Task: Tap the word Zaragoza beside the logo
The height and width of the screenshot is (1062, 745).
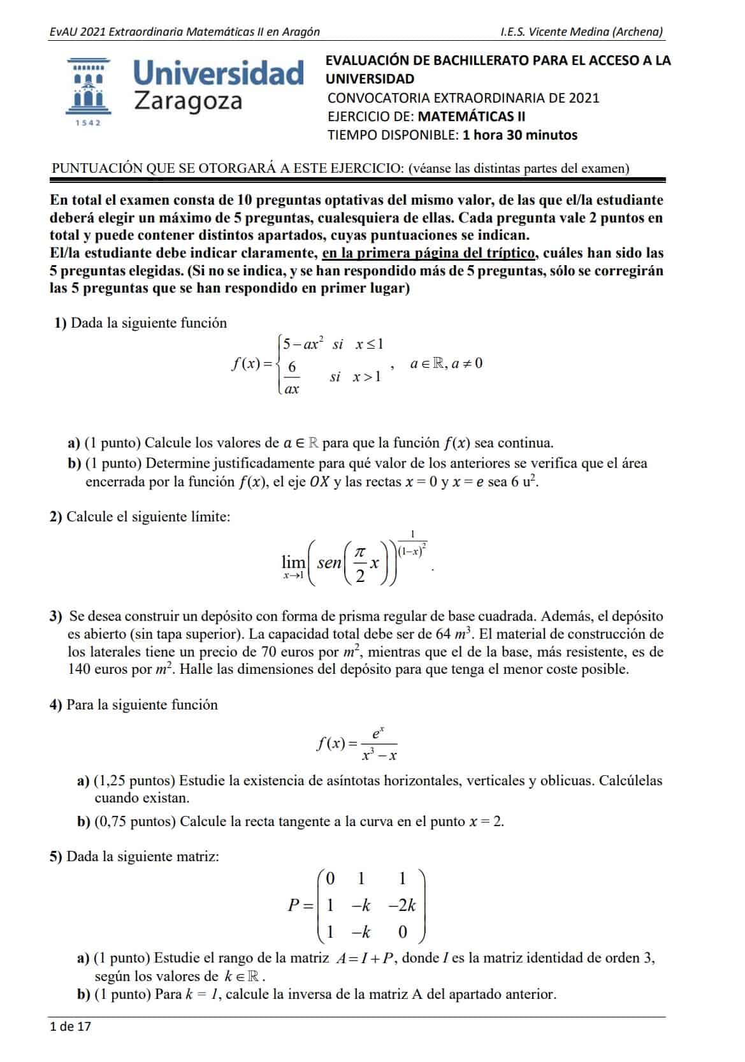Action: point(188,101)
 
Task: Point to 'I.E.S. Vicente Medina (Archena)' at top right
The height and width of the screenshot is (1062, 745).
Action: point(581,32)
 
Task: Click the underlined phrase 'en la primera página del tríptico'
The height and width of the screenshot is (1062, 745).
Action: point(429,253)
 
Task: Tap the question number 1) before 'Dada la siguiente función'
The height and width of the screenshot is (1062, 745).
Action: point(61,323)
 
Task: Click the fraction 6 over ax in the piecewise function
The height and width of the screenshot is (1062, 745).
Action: point(292,378)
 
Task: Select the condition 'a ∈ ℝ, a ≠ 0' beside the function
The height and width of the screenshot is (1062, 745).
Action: point(446,363)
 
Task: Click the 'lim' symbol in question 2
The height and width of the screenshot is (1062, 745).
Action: point(293,562)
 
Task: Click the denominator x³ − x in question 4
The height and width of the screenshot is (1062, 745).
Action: point(379,756)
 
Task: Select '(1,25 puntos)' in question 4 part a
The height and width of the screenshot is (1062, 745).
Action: point(134,780)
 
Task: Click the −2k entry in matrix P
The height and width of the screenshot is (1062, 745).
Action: point(402,906)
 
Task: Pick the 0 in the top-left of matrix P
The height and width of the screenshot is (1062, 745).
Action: point(330,879)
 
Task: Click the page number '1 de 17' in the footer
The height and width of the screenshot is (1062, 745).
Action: point(70,1026)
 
